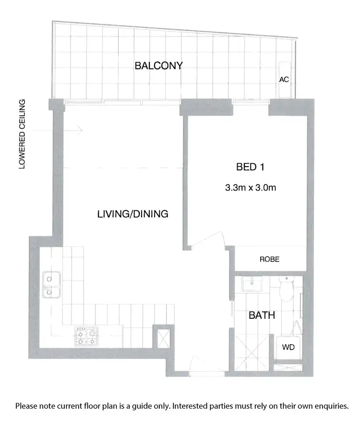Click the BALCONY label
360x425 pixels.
pyautogui.click(x=158, y=65)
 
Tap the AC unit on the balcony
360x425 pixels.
pyautogui.click(x=284, y=79)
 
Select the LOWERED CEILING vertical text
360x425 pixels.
pyautogui.click(x=22, y=134)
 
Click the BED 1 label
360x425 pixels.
pyautogui.click(x=251, y=167)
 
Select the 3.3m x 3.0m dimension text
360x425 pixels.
pyautogui.click(x=251, y=188)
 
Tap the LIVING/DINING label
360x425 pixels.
pyautogui.click(x=132, y=214)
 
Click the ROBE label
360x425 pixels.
pyautogui.click(x=269, y=259)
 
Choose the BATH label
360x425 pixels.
pyautogui.click(x=262, y=316)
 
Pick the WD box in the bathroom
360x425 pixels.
pyautogui.click(x=288, y=347)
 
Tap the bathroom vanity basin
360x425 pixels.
pyautogui.click(x=252, y=285)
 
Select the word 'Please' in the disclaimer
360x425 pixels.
pyautogui.click(x=27, y=406)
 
